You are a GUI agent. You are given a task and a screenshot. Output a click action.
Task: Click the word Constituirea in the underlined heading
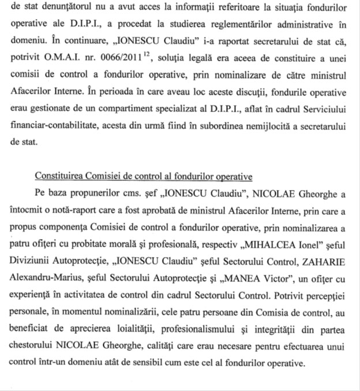[x=58, y=176]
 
